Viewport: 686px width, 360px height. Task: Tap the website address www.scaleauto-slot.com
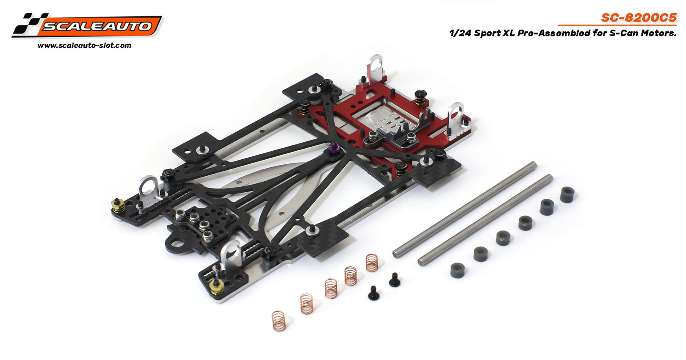[x=84, y=45]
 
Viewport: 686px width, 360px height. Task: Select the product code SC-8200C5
[x=639, y=17]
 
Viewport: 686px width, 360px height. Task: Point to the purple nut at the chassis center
[x=335, y=148]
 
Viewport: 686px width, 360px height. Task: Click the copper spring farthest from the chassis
[x=278, y=321]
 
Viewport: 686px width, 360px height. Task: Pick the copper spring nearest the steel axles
[x=371, y=263]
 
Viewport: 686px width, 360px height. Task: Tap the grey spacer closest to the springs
[x=457, y=270]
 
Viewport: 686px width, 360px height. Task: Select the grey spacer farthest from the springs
[x=567, y=194]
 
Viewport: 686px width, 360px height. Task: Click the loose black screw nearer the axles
[x=394, y=279]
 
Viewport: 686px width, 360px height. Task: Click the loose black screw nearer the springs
[x=373, y=293]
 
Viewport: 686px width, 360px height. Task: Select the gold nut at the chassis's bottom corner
[x=216, y=288]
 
